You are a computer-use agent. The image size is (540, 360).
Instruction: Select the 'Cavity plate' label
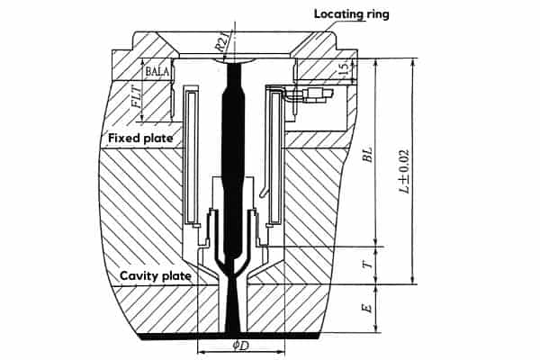[x=154, y=275]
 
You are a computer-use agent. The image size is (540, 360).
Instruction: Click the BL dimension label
[x=367, y=153]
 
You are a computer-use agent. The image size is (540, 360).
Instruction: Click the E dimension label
[x=366, y=308]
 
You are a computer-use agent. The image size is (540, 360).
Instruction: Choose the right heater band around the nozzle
[x=274, y=157]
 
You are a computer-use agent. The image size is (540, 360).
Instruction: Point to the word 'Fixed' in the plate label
[x=123, y=139]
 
